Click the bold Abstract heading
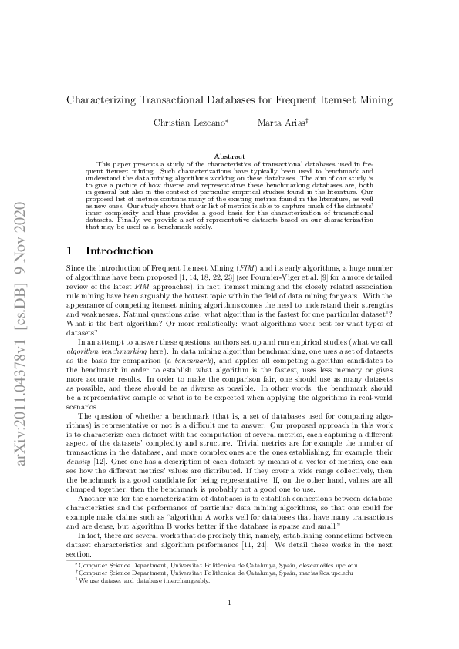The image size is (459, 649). point(228,156)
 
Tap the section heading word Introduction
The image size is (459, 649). point(119,251)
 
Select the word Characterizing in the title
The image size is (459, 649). point(103,99)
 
